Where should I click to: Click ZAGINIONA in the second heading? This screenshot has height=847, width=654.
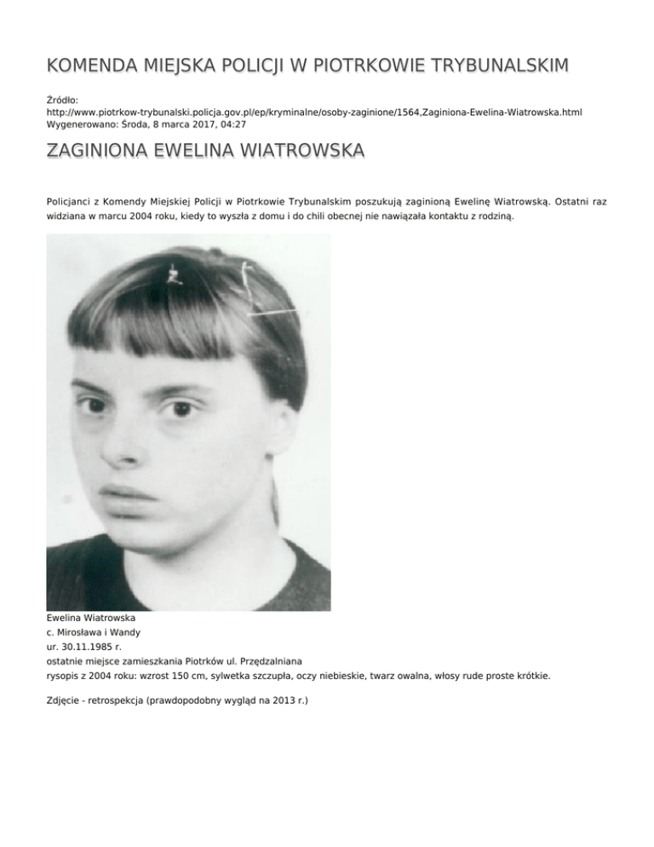point(99,152)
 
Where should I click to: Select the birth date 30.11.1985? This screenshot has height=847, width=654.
point(89,648)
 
